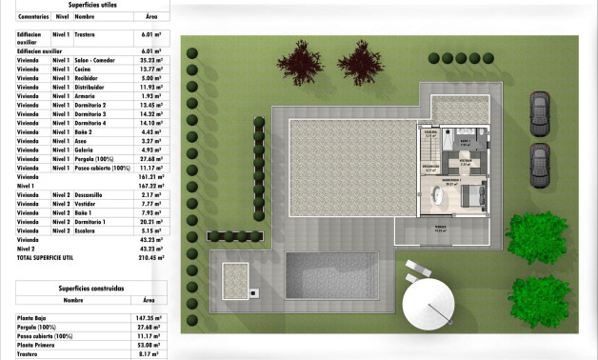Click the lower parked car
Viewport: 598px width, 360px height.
tap(539, 164)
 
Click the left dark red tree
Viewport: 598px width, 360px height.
tap(304, 64)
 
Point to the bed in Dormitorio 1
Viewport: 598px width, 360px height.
tap(471, 198)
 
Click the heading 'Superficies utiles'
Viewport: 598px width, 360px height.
tap(90, 4)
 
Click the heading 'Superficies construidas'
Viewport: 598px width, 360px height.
tap(90, 287)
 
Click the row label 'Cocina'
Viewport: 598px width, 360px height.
tap(85, 69)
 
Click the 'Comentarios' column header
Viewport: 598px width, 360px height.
tap(33, 16)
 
